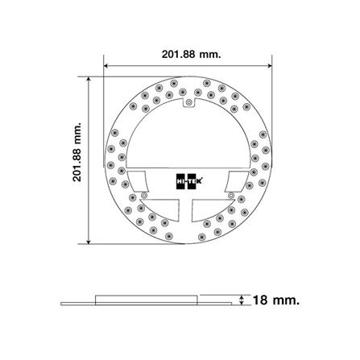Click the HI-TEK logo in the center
[187, 183]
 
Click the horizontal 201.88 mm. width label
[191, 54]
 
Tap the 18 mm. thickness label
[275, 300]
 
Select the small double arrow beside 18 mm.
[242, 300]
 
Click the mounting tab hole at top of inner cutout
[188, 103]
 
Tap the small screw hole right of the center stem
[234, 194]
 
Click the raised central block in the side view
[147, 299]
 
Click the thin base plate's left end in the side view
[65, 304]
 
